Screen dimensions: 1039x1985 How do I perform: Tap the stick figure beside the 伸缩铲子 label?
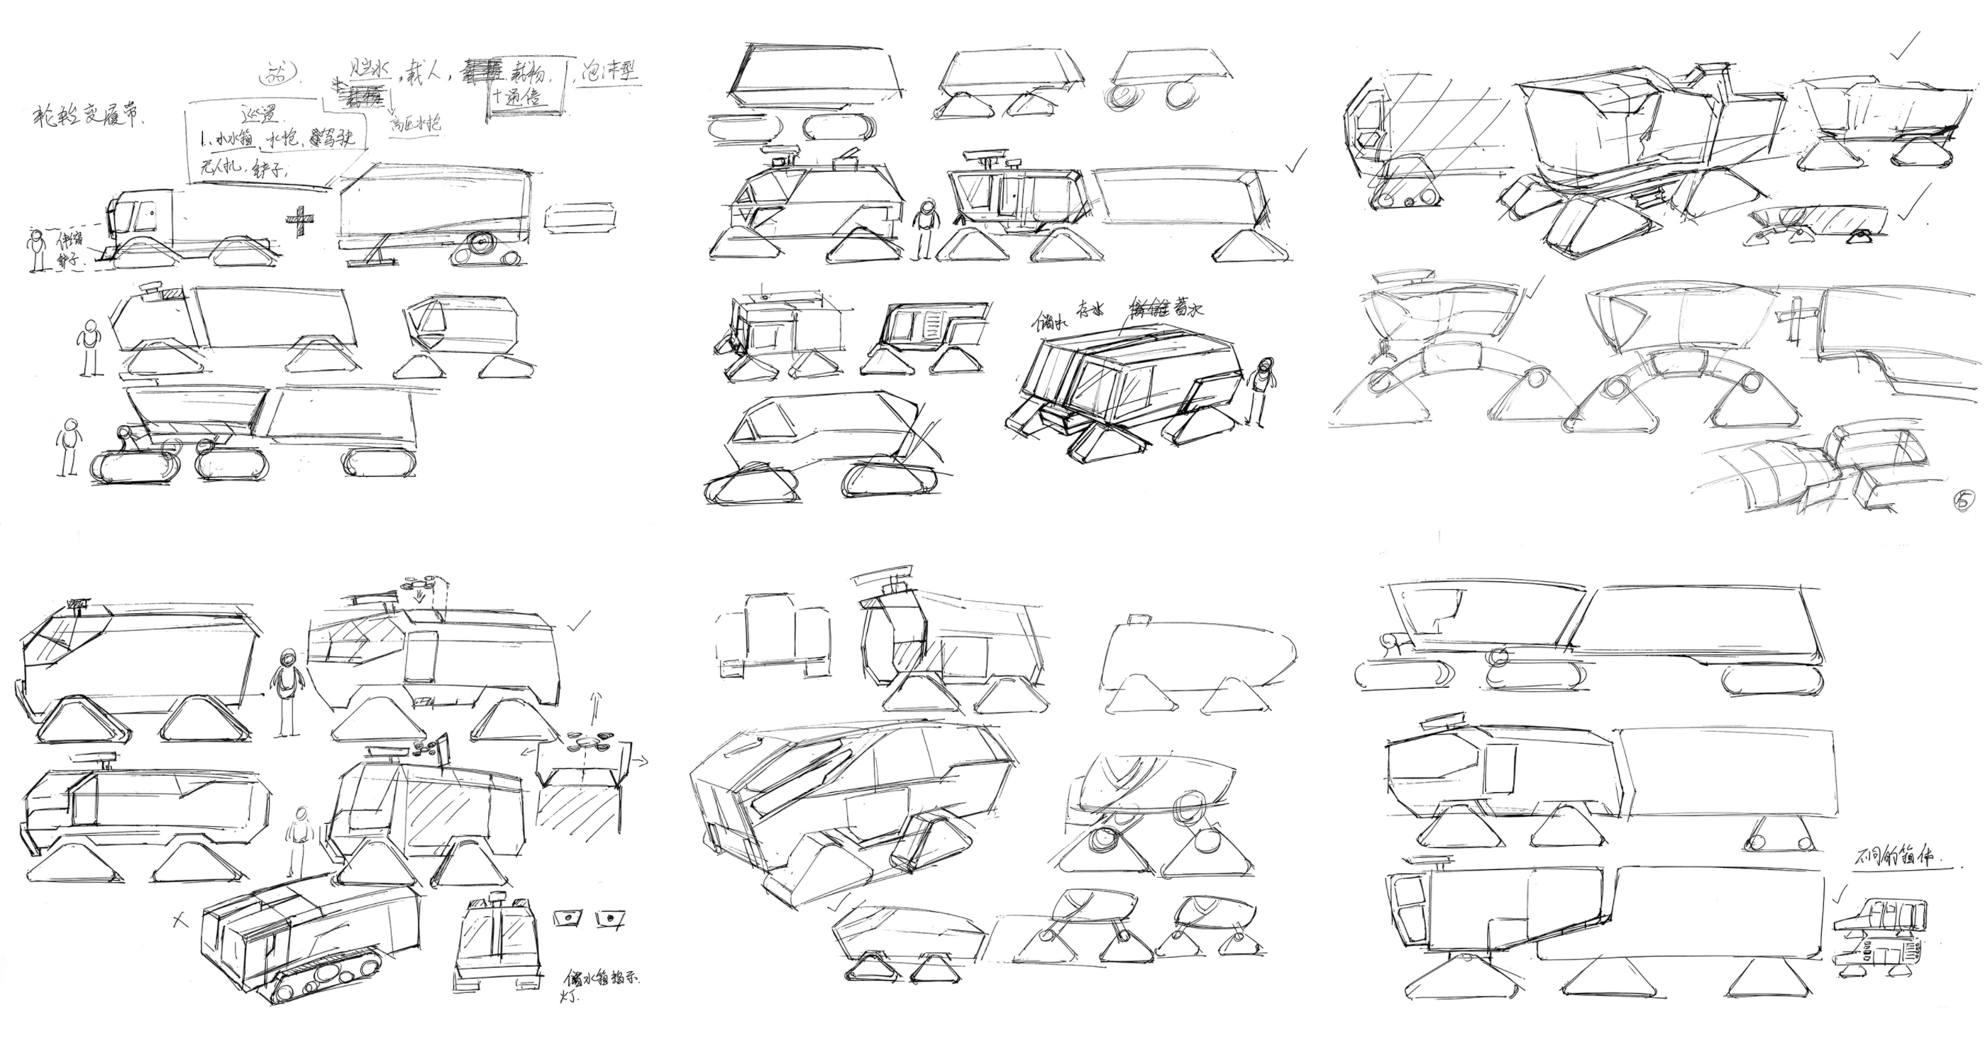click(35, 251)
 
